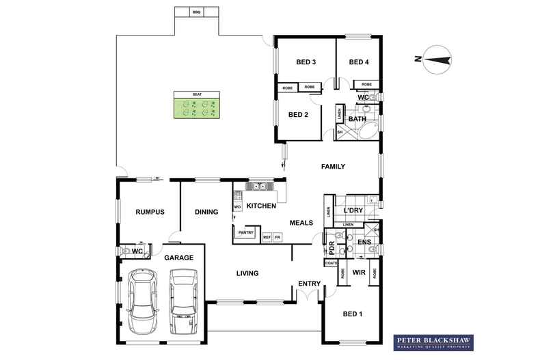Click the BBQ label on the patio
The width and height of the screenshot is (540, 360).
coord(197,12)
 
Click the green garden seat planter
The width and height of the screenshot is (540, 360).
coord(197,108)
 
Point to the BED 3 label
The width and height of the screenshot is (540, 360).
coord(306,62)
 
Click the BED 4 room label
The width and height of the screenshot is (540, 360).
coord(359,62)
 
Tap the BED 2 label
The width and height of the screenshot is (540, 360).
coord(299,115)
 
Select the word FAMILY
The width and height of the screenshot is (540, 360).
coord(334,167)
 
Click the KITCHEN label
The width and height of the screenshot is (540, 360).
coord(261,206)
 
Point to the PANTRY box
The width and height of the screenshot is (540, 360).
coord(245,233)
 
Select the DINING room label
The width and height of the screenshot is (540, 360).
coord(206,212)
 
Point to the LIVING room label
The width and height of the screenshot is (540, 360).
coord(247,273)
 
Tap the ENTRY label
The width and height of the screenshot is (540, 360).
coord(309,283)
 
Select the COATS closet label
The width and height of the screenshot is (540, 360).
coord(332,263)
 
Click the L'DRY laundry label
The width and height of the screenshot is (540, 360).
coord(353,209)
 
